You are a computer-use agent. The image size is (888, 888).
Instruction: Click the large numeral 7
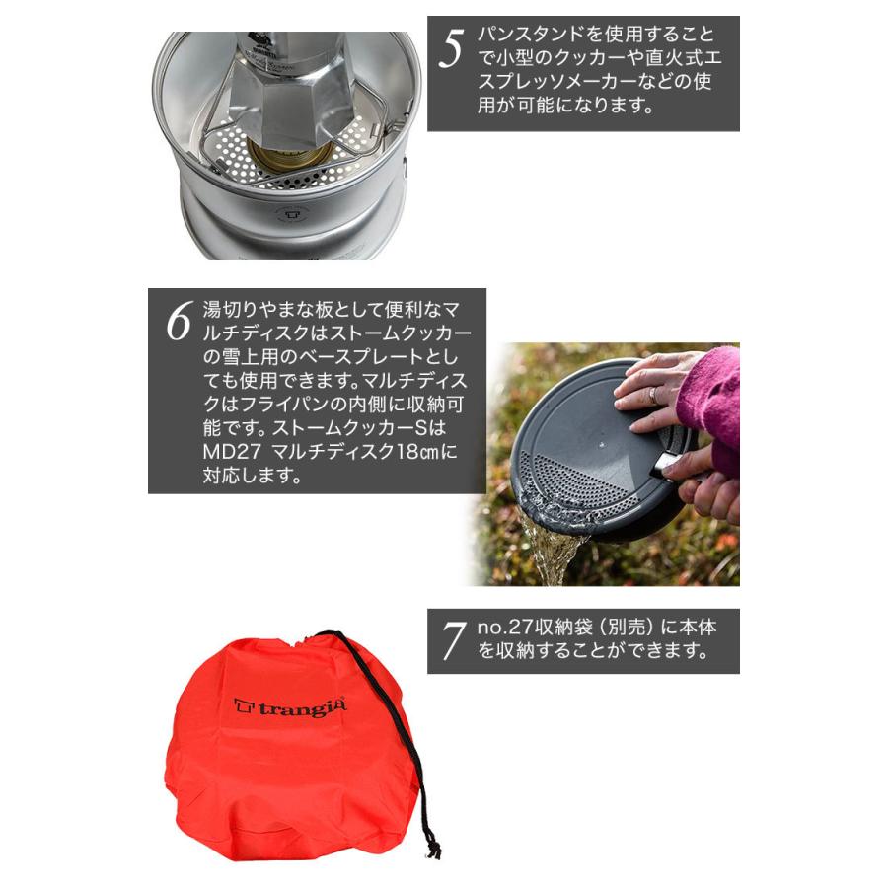click(x=453, y=642)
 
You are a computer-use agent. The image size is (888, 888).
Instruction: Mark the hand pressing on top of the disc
click(x=656, y=390)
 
